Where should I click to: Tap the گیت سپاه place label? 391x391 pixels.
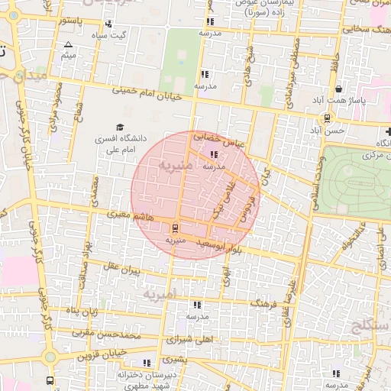tap(108, 35)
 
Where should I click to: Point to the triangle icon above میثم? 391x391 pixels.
tap(69, 44)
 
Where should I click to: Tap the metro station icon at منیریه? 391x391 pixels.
tap(175, 227)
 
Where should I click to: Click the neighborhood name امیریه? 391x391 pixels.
tap(160, 293)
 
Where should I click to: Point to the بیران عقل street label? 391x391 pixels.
tap(124, 269)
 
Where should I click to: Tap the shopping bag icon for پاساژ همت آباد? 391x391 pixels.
tap(338, 89)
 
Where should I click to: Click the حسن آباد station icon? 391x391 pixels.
tap(327, 118)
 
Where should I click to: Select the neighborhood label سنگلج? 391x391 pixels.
tap(371, 328)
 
